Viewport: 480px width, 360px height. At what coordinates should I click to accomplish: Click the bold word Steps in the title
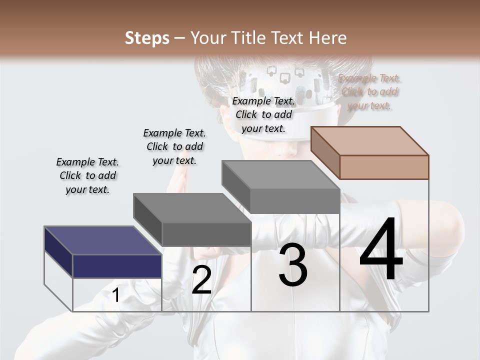[x=147, y=38]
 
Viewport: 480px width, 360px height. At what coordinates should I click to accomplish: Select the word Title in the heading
[x=247, y=38]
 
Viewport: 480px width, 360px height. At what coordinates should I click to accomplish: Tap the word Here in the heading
[x=327, y=38]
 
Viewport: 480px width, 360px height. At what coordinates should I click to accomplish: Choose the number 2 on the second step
[x=201, y=280]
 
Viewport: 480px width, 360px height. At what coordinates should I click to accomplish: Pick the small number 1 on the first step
[x=116, y=295]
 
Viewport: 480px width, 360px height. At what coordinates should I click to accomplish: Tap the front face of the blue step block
[x=117, y=266]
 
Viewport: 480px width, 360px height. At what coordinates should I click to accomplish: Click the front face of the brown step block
[x=384, y=167]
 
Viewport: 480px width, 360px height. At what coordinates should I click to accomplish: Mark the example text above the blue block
[x=87, y=176]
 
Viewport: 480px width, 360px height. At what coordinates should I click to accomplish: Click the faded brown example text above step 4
[x=369, y=92]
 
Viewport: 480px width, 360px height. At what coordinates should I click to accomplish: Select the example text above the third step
[x=264, y=115]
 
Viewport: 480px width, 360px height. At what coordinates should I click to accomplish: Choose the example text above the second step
[x=174, y=147]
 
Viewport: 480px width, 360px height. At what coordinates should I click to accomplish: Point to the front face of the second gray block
[x=206, y=234]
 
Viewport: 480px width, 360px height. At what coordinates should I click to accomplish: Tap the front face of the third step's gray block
[x=295, y=201]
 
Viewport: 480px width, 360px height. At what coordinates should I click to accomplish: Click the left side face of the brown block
[x=325, y=153]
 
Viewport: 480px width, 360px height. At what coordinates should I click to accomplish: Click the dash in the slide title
[x=180, y=38]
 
